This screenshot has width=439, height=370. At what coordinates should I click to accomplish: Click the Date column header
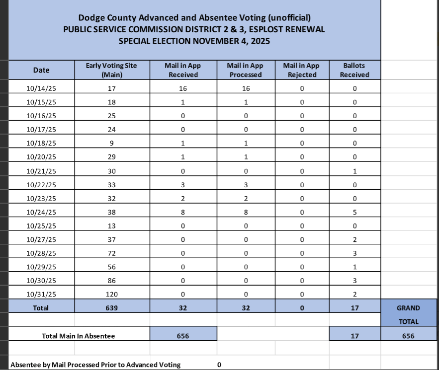point(41,70)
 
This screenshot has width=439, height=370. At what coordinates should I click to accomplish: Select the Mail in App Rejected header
point(301,70)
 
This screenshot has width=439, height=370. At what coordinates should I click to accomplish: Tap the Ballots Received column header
point(354,70)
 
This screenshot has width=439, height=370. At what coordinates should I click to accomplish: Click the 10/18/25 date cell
point(41,144)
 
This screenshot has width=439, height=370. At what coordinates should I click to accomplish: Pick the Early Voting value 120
point(111,294)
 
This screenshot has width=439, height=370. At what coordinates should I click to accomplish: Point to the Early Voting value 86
point(111,281)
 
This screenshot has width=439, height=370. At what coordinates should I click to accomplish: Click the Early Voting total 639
point(111,308)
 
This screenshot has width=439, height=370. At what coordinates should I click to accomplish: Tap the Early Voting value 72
point(111,253)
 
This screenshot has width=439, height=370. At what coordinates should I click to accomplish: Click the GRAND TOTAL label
point(408,314)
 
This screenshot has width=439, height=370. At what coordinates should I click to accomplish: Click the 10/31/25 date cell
point(41,294)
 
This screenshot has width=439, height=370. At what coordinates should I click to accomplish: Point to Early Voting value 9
point(111,144)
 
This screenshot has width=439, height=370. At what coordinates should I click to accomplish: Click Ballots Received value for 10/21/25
point(354,171)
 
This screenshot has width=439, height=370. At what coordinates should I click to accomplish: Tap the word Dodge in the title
point(90,18)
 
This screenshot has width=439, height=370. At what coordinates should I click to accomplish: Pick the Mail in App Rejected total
point(301,308)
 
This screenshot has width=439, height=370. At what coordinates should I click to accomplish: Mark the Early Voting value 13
point(111,226)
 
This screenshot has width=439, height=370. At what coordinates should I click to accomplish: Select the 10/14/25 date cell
point(41,89)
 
